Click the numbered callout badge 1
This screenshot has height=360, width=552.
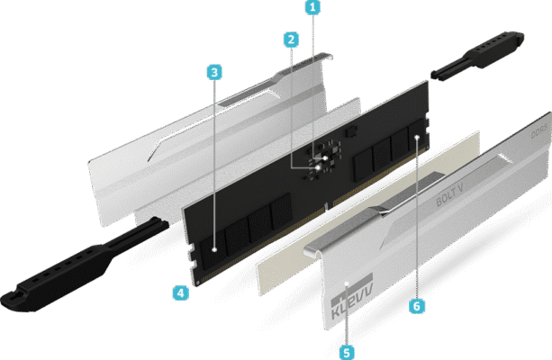coord(312,7)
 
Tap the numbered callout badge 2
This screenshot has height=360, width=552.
coord(291,40)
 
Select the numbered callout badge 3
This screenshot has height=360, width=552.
coord(214,73)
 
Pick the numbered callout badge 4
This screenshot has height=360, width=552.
coord(181,292)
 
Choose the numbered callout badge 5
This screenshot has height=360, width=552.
coord(347,352)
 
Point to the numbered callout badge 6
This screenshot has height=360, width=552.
coord(417,306)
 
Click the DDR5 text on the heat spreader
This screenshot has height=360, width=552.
coord(539,130)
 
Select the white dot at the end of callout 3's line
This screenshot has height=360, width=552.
coord(214,250)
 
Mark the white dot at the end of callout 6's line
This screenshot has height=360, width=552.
coord(418,137)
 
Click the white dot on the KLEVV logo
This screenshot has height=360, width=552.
coord(347,283)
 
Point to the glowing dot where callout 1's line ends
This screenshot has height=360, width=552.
coord(326,158)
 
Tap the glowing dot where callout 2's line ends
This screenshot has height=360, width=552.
coord(318,168)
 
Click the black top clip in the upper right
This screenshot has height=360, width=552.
coord(477,56)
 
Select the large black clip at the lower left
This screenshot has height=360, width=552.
coord(85,266)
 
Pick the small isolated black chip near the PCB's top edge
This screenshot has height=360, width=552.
coord(351,132)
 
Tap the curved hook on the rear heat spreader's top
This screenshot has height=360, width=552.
coord(328,57)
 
